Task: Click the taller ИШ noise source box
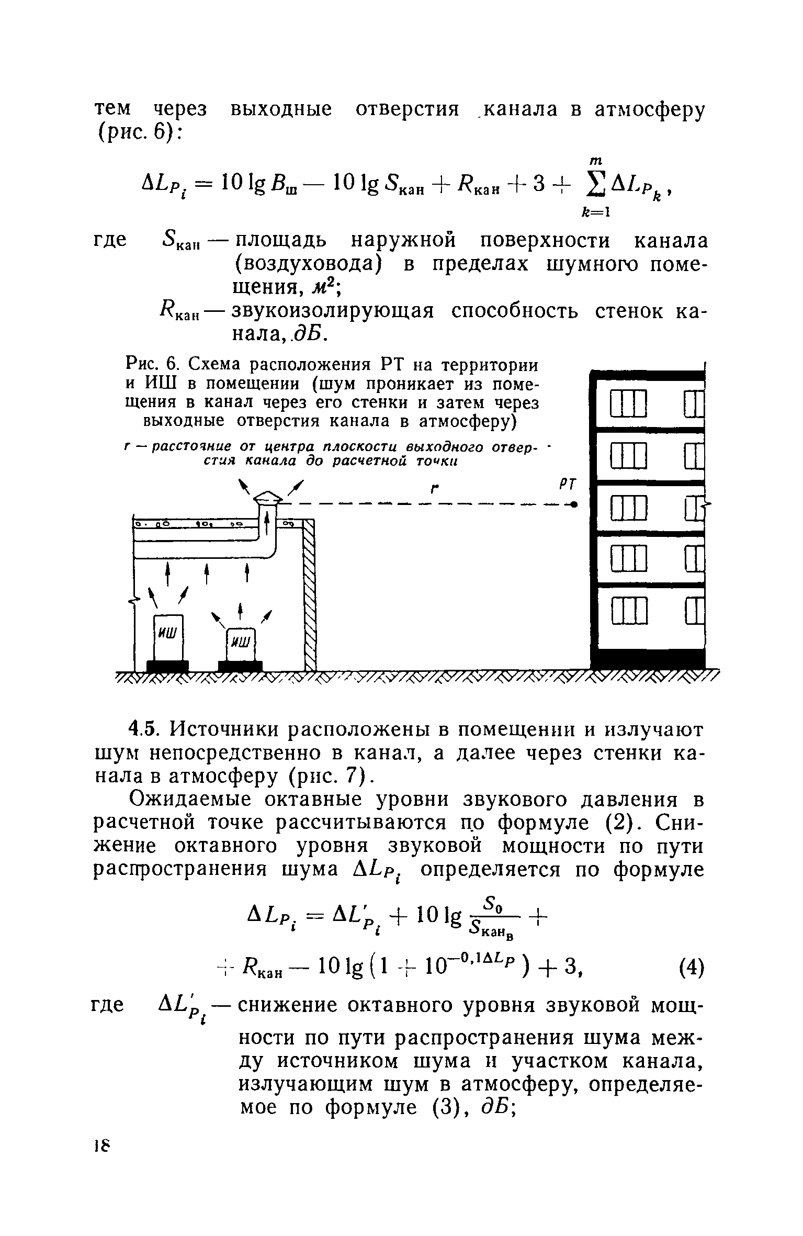pyautogui.click(x=168, y=638)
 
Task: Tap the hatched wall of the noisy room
pyautogui.click(x=310, y=597)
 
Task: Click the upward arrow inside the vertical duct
pyautogui.click(x=267, y=524)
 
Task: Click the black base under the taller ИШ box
pyautogui.click(x=167, y=666)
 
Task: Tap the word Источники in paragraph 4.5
pyautogui.click(x=233, y=730)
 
